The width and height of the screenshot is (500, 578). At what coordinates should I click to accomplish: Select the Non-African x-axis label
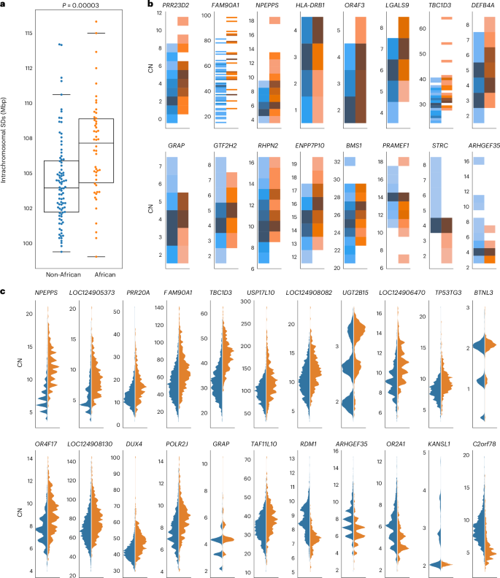click(x=61, y=274)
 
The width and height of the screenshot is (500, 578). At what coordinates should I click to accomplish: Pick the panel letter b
click(x=150, y=5)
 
